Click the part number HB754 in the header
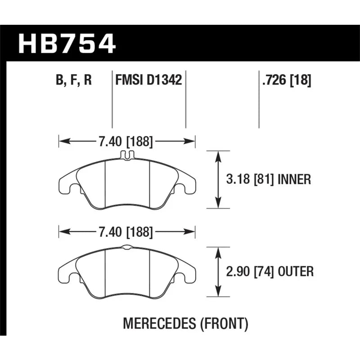(67, 44)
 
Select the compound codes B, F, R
(74, 80)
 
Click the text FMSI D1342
(148, 80)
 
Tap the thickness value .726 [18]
(287, 80)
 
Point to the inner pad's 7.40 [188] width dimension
(126, 141)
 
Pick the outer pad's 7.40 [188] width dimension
(126, 232)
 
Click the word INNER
(294, 179)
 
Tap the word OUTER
(296, 272)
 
